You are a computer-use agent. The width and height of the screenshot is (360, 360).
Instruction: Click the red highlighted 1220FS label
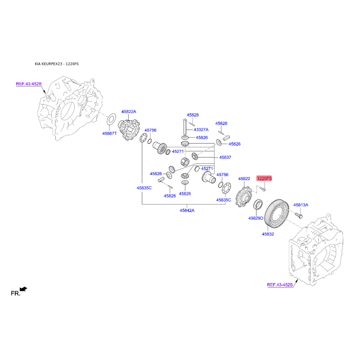264,178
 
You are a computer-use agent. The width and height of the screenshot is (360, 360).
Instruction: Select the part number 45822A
129,112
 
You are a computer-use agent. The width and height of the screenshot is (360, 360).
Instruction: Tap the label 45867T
109,133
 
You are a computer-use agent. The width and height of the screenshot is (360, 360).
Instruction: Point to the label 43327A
201,130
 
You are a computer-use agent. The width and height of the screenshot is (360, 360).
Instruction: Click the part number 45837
225,157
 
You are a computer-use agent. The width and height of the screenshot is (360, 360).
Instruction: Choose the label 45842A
187,210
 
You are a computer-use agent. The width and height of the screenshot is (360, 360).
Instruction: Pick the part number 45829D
256,218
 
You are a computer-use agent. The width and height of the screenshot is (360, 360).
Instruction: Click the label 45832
268,234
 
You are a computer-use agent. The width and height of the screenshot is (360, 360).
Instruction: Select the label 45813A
301,205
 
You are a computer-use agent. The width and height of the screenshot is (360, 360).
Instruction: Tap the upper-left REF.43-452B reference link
29,84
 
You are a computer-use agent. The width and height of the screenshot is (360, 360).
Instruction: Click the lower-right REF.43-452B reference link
280,285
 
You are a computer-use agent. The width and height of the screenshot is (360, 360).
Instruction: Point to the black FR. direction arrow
23,289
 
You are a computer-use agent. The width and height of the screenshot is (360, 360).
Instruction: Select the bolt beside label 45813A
298,216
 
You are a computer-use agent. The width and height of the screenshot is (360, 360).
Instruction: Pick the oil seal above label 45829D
258,205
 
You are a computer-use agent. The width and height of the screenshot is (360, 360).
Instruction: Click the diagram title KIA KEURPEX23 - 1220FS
57,64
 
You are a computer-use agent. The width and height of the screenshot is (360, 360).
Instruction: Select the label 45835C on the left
144,188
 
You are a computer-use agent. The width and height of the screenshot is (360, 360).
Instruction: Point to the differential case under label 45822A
129,130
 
